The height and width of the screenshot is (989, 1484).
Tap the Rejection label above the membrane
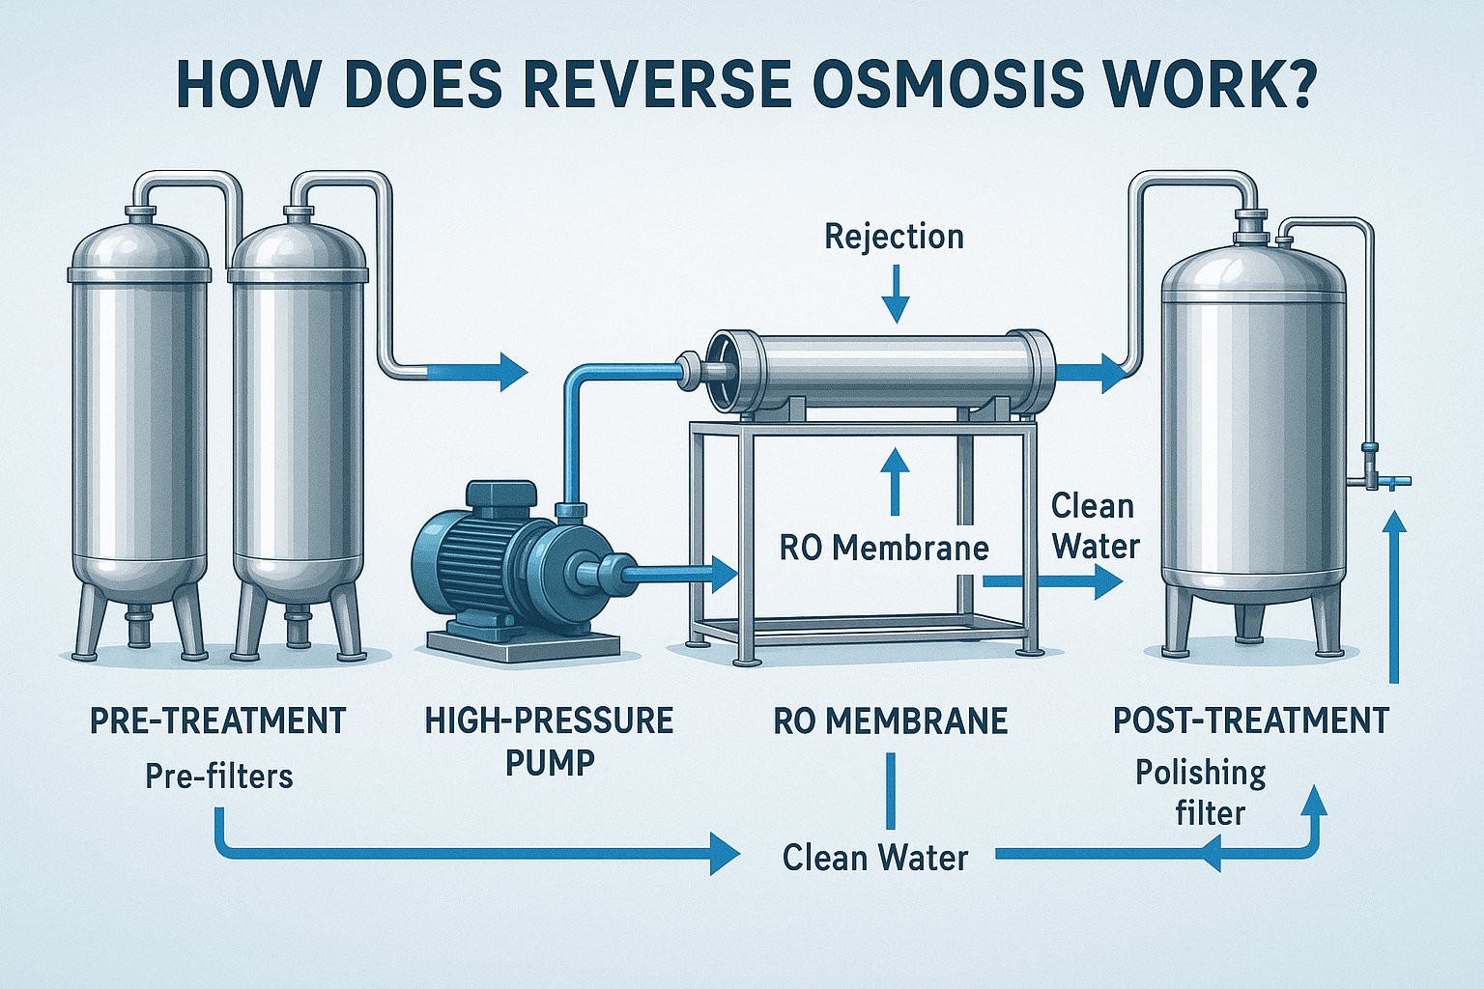[894, 237]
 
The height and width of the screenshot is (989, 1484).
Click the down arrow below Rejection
[896, 295]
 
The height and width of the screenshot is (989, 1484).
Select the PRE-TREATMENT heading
[218, 721]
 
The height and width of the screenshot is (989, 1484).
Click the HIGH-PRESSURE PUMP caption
[549, 742]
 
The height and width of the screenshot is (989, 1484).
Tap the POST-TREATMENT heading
[1251, 721]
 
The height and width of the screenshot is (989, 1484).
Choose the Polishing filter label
[1201, 793]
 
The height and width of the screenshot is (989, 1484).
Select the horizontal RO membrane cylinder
[880, 368]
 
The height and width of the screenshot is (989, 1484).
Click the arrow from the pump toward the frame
[682, 575]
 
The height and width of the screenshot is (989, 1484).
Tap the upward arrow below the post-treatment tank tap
[1393, 596]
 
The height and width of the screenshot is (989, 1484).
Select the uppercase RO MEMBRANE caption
[891, 721]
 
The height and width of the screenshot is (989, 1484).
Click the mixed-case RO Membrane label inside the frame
[883, 548]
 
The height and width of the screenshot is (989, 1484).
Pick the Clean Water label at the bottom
[875, 858]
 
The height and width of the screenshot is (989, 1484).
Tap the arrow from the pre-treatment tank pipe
[478, 372]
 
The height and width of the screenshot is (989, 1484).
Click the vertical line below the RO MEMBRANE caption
[891, 791]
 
